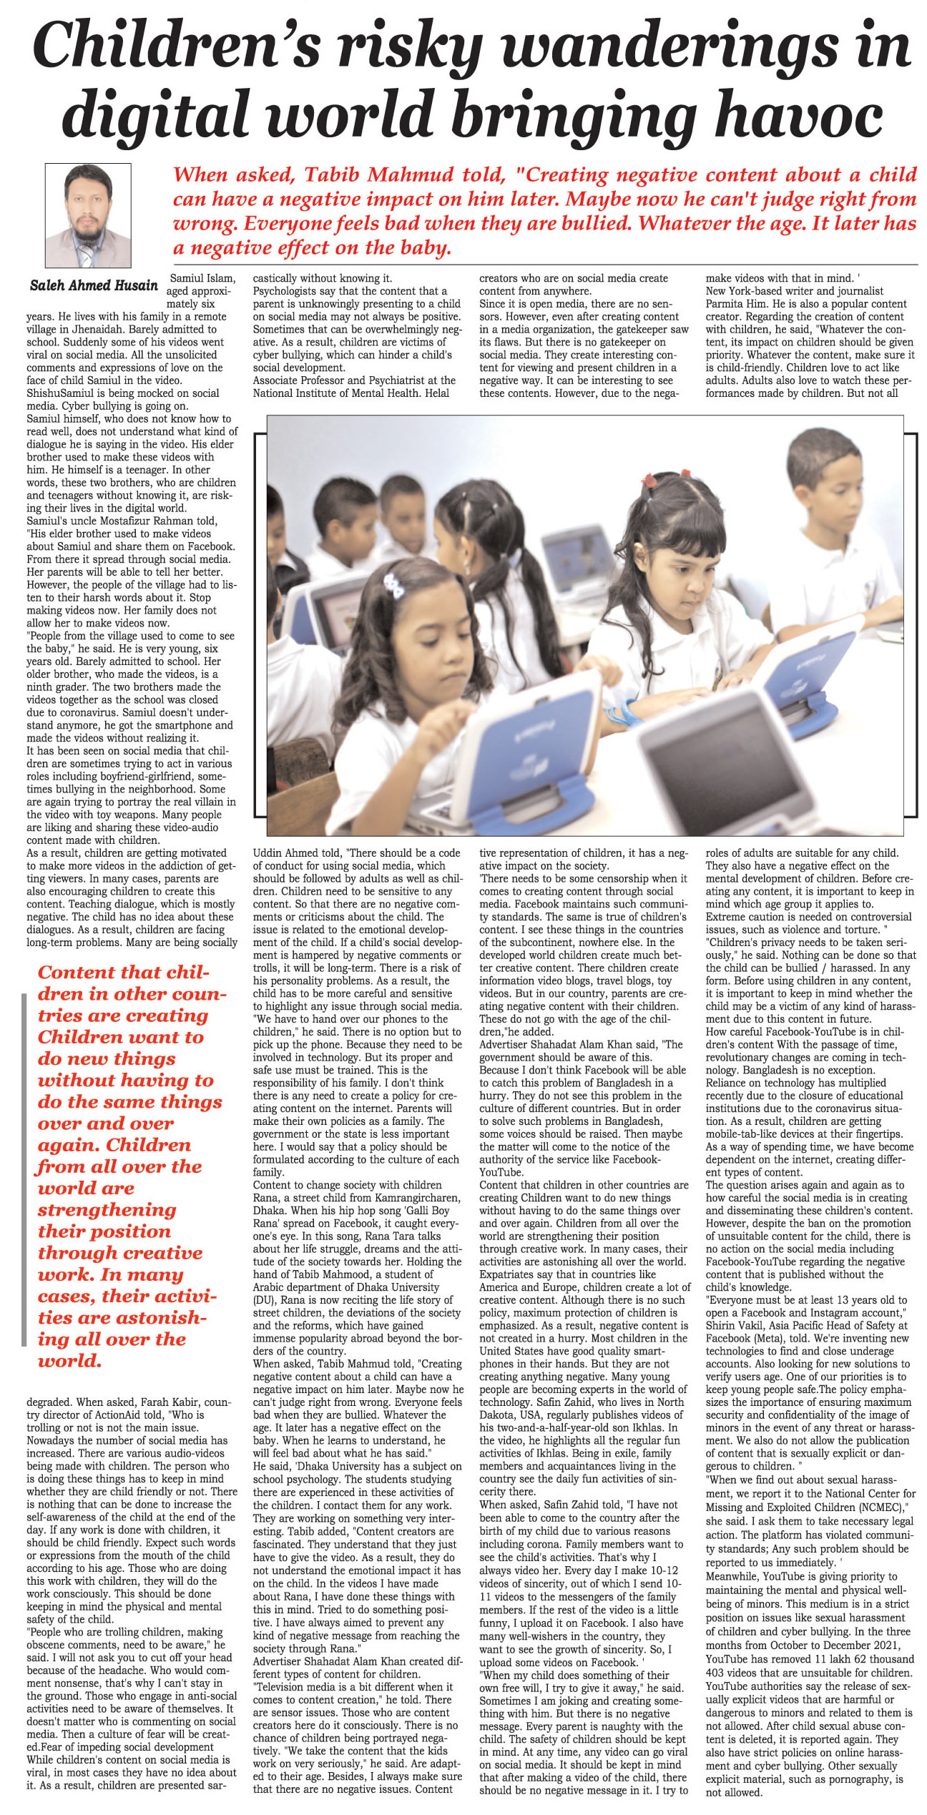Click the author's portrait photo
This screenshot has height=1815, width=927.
(87, 215)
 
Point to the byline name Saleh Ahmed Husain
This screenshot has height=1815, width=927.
(94, 285)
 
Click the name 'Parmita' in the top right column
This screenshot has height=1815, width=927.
(725, 304)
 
